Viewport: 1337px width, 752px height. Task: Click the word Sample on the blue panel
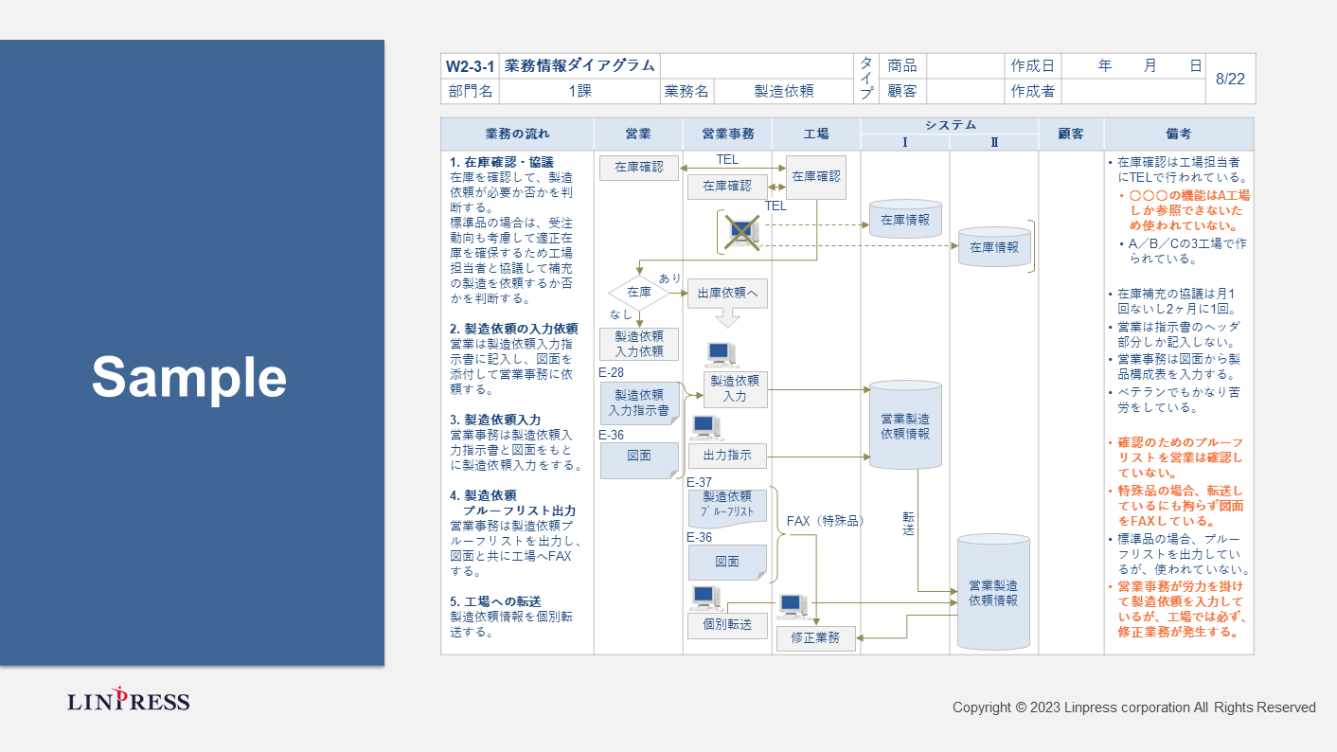point(189,377)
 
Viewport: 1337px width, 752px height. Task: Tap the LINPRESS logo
point(129,701)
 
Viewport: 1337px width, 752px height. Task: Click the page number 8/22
point(1230,79)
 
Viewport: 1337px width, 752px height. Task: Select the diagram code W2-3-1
point(470,66)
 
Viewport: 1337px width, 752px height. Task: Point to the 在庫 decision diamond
point(638,293)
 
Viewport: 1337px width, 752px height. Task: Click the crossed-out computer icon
point(741,232)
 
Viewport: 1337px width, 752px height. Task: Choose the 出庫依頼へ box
point(727,293)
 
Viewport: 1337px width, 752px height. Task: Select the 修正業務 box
point(815,638)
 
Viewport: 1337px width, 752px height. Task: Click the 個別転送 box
point(727,625)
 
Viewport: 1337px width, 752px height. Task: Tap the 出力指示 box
point(727,456)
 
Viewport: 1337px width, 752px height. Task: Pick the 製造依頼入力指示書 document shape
point(639,403)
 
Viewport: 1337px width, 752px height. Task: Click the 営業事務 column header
point(727,134)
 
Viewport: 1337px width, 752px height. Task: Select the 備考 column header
point(1179,134)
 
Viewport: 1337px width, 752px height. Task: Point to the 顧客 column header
point(1071,134)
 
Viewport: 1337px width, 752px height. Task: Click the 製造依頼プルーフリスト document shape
point(727,505)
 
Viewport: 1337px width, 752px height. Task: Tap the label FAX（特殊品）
point(826,521)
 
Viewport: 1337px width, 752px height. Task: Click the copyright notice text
point(1133,707)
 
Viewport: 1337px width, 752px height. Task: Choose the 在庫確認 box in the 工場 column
point(815,176)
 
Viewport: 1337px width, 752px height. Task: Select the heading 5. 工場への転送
point(496,601)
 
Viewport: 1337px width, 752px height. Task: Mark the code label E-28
point(612,373)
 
